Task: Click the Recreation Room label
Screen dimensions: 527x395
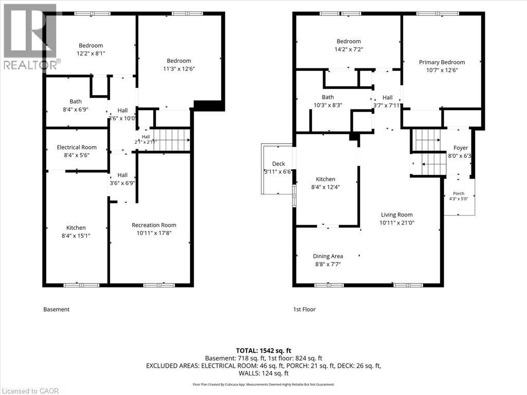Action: pos(154,225)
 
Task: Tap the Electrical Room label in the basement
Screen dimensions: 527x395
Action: pos(77,147)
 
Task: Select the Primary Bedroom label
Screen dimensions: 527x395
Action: pos(442,62)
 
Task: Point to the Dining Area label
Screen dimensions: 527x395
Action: pos(328,256)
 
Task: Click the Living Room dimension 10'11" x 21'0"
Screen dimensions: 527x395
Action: pos(397,223)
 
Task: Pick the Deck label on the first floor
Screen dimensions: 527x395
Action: pos(278,164)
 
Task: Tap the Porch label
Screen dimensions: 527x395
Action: pos(459,193)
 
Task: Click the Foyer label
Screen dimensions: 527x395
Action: pos(461,148)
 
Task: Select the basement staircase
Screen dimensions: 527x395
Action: pos(170,140)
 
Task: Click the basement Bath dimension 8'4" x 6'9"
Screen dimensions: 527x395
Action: pos(76,110)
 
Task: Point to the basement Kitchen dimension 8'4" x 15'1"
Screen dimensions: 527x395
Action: pos(76,236)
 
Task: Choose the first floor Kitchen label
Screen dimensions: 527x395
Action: pos(325,179)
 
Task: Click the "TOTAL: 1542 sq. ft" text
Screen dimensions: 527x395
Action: pos(263,351)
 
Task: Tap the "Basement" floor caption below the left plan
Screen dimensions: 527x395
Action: pos(57,309)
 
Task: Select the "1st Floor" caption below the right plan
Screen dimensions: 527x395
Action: pos(305,309)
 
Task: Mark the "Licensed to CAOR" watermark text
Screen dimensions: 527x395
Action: pos(29,391)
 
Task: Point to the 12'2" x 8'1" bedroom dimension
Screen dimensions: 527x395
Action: pos(91,53)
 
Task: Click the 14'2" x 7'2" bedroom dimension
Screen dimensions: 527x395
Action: pos(348,49)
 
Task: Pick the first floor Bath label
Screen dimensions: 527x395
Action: pos(328,97)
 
